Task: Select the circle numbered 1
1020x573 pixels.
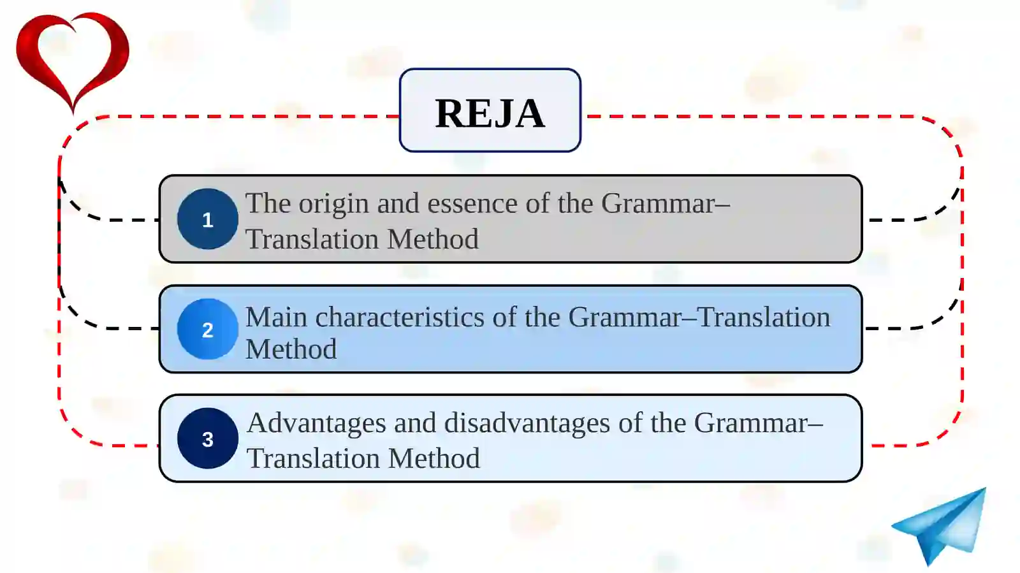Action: click(x=208, y=219)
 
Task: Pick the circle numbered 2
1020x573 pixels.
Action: click(x=208, y=329)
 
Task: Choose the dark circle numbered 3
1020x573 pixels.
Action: click(x=208, y=439)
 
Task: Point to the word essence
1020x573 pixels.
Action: click(x=472, y=203)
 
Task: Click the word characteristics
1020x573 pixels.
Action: click(x=400, y=317)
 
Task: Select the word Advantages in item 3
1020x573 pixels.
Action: click(x=316, y=424)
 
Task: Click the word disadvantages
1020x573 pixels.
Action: click(x=527, y=424)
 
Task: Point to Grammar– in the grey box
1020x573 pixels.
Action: click(x=666, y=203)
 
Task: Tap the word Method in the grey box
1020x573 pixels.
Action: click(x=433, y=239)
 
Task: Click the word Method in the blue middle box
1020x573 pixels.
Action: click(x=291, y=349)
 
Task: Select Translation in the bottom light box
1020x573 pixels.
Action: click(x=313, y=458)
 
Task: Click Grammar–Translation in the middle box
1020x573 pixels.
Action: click(x=699, y=317)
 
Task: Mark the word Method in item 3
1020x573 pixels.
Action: click(x=434, y=458)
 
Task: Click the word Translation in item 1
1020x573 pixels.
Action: click(x=312, y=239)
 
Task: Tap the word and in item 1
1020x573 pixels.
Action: click(x=398, y=203)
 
